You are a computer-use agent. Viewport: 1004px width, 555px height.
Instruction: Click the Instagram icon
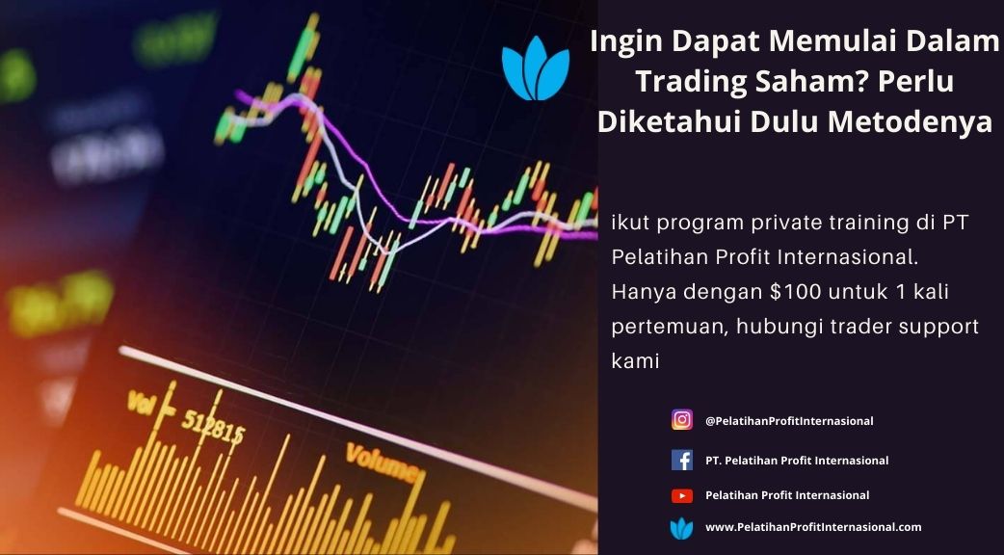(x=682, y=420)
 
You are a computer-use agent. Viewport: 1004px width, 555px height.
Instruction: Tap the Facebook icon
(x=682, y=461)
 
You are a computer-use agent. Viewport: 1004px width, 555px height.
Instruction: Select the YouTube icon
(x=682, y=495)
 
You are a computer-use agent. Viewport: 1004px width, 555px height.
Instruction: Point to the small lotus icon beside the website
(x=681, y=528)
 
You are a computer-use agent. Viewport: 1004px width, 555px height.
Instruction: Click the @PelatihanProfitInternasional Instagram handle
(x=789, y=421)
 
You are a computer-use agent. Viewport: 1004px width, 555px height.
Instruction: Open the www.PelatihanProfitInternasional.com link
(x=813, y=527)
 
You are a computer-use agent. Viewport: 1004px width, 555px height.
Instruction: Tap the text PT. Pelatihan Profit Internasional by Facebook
(x=797, y=461)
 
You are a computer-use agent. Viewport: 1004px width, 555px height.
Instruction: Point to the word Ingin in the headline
(x=617, y=42)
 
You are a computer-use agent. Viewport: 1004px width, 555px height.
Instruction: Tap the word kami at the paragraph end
(x=635, y=361)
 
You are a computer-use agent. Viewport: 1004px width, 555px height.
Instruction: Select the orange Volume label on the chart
(x=383, y=463)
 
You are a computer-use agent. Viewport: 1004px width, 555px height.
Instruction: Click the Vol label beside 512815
(x=143, y=404)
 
